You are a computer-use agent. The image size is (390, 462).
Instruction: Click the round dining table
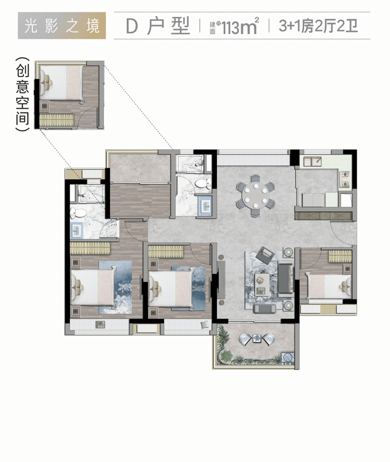[256, 196]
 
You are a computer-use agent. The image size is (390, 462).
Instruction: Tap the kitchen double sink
[313, 161]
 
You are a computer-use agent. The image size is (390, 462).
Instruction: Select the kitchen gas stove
[344, 180]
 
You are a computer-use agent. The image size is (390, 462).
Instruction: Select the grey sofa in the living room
[285, 279]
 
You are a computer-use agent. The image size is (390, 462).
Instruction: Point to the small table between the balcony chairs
[257, 339]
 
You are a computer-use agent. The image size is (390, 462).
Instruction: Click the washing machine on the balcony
[288, 357]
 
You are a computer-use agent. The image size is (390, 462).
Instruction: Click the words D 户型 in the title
[158, 26]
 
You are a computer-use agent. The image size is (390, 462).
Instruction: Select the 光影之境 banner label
[62, 26]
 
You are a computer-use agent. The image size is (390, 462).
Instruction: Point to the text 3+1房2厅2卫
[318, 26]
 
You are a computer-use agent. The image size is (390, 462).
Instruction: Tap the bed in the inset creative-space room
[62, 83]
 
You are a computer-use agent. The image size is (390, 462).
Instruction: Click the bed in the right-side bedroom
[329, 285]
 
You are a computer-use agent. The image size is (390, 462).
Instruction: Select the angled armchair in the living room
[265, 255]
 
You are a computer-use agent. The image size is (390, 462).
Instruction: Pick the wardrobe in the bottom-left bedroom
[90, 248]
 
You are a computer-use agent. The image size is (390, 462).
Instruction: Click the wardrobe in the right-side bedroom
[340, 256]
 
